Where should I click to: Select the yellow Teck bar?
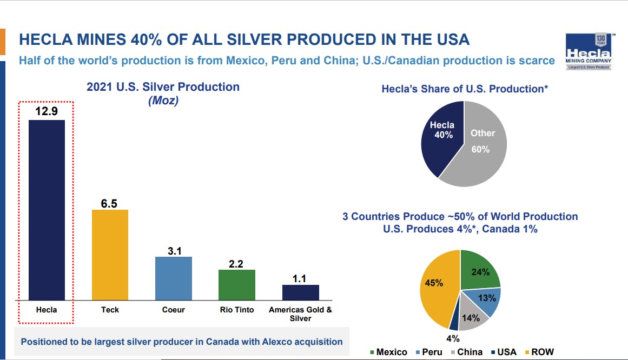pos(110,255)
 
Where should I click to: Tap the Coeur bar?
pos(173,278)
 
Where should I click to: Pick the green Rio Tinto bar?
pos(236,284)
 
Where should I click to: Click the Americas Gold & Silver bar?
pos(300,292)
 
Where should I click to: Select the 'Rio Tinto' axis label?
pos(236,310)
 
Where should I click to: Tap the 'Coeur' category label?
pos(173,310)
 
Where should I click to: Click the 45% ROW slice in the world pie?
pos(437,286)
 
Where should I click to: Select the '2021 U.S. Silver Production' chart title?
pos(163,87)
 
